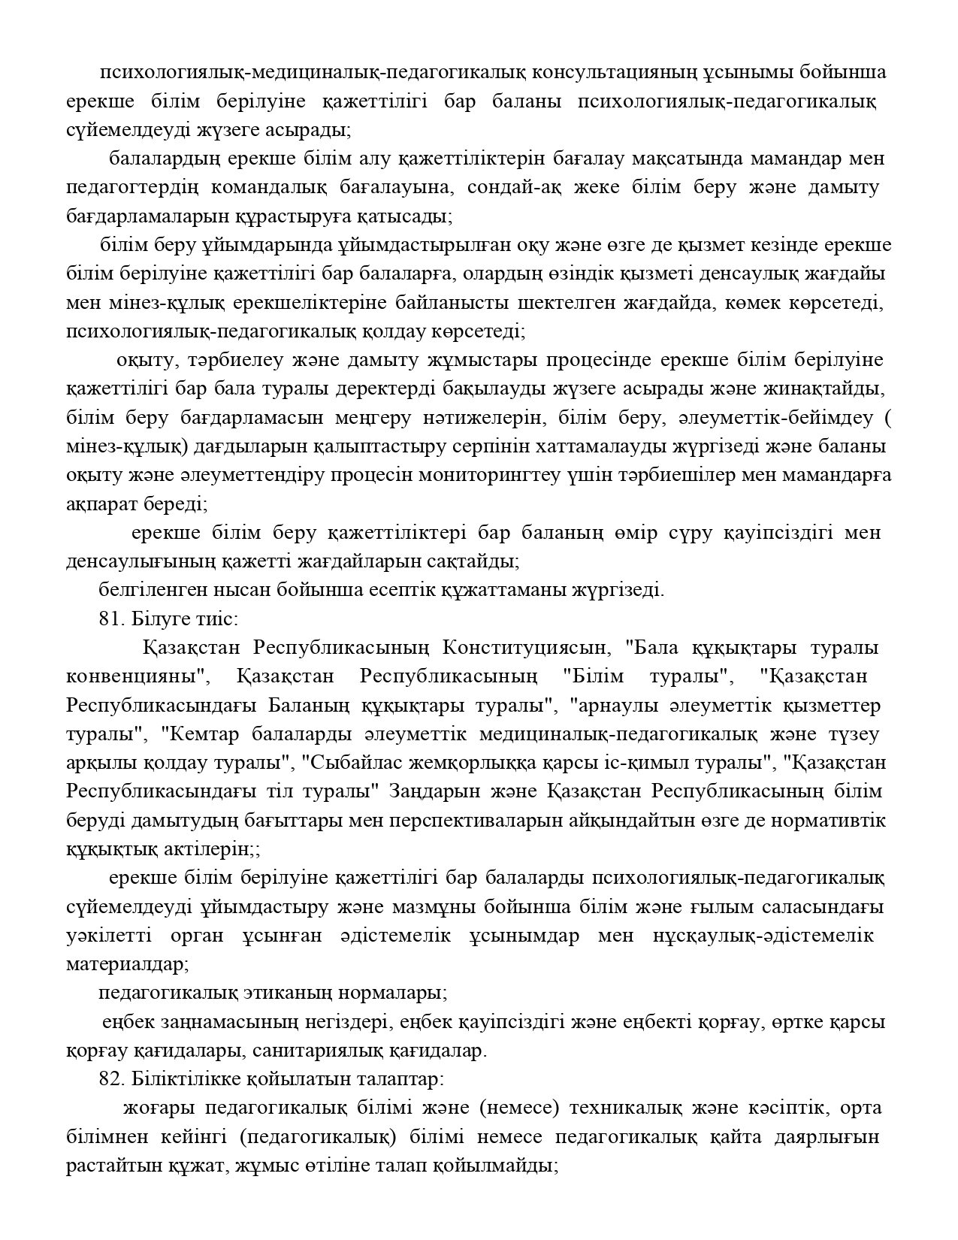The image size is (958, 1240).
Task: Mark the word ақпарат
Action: click(101, 504)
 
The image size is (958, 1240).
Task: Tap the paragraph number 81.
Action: click(110, 619)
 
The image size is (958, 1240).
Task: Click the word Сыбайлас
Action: click(343, 763)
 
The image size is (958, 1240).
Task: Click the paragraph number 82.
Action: click(110, 1080)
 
